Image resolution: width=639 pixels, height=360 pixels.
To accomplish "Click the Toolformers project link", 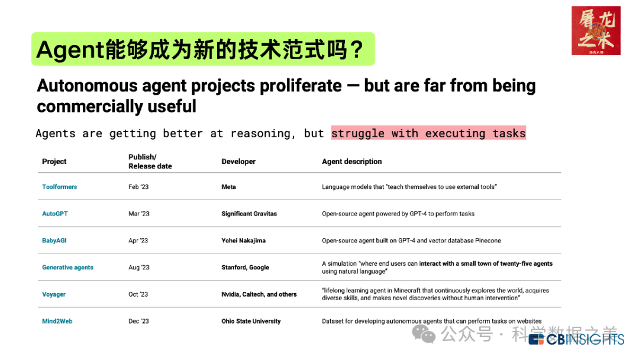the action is click(x=60, y=187).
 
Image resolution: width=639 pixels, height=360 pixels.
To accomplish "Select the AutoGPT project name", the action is click(x=55, y=214).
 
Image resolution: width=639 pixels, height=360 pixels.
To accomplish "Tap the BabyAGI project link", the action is click(x=54, y=240).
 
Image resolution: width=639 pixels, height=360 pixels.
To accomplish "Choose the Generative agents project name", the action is click(x=67, y=268).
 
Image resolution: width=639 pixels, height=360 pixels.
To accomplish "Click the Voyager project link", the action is click(x=54, y=294).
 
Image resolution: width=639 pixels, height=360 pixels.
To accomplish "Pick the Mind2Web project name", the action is click(x=57, y=322).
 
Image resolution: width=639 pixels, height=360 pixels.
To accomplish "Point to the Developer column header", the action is click(x=238, y=162).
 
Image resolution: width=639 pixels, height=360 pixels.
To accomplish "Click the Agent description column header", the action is click(x=351, y=162).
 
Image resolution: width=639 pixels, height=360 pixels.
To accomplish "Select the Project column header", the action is click(x=54, y=162).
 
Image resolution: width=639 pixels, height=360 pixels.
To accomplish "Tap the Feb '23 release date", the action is click(x=138, y=187).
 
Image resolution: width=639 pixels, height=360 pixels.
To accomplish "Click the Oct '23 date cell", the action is click(x=138, y=294).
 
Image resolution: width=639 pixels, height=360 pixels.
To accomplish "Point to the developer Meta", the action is click(x=228, y=187).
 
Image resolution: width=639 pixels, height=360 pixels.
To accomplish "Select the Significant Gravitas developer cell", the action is click(x=249, y=214).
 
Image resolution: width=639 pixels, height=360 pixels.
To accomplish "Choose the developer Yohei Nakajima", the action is click(x=243, y=240).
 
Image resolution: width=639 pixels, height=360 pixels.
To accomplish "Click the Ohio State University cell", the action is click(x=251, y=322).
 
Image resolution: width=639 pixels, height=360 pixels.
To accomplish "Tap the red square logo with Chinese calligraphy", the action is click(x=596, y=31).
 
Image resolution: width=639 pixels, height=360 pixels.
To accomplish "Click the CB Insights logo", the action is click(x=576, y=339).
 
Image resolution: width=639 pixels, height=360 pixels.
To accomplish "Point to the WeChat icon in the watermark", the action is click(x=424, y=335).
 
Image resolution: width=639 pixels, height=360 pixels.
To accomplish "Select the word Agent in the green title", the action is click(x=70, y=50).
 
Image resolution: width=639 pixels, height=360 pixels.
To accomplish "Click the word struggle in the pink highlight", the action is click(x=358, y=133).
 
